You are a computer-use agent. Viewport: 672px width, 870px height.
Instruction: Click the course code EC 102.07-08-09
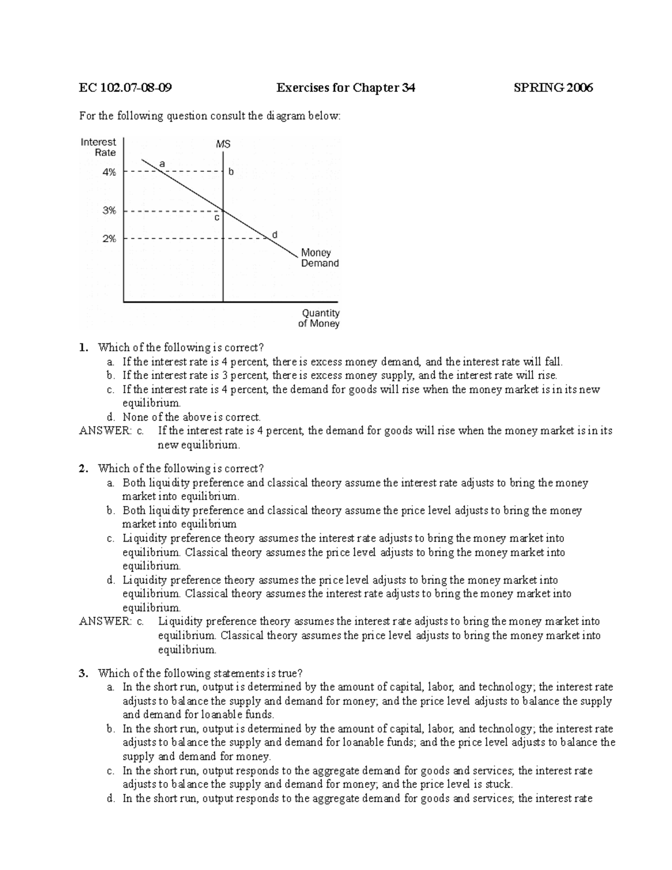coord(125,87)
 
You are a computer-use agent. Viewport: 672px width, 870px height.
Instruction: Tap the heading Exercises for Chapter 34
coord(346,87)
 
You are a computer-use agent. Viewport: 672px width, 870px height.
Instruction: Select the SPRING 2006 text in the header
coord(553,87)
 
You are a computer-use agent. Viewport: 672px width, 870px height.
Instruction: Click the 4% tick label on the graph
coord(109,173)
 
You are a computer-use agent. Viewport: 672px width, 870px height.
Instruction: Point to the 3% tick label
coord(109,211)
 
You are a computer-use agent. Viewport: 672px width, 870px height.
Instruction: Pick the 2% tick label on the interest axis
coord(109,239)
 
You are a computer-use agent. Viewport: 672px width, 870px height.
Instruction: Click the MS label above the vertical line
coord(223,145)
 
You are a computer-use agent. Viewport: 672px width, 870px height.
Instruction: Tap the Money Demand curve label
coord(320,258)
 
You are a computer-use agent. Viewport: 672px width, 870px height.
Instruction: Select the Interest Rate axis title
coord(99,147)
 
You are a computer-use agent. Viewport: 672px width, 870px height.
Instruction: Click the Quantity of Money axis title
coord(320,318)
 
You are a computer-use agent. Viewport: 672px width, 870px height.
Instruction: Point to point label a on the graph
coord(162,164)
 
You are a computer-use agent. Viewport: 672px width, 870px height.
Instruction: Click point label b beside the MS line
coord(231,173)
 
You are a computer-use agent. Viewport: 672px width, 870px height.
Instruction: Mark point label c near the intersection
coord(217,218)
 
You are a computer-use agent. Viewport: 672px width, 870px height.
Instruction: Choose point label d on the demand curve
coord(274,234)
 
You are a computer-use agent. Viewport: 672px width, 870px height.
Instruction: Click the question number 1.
coord(83,347)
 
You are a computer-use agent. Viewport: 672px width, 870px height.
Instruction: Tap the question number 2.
coord(83,468)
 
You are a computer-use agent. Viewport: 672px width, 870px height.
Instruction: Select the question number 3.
coord(83,673)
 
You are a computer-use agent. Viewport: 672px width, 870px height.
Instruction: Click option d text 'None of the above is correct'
coord(192,417)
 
